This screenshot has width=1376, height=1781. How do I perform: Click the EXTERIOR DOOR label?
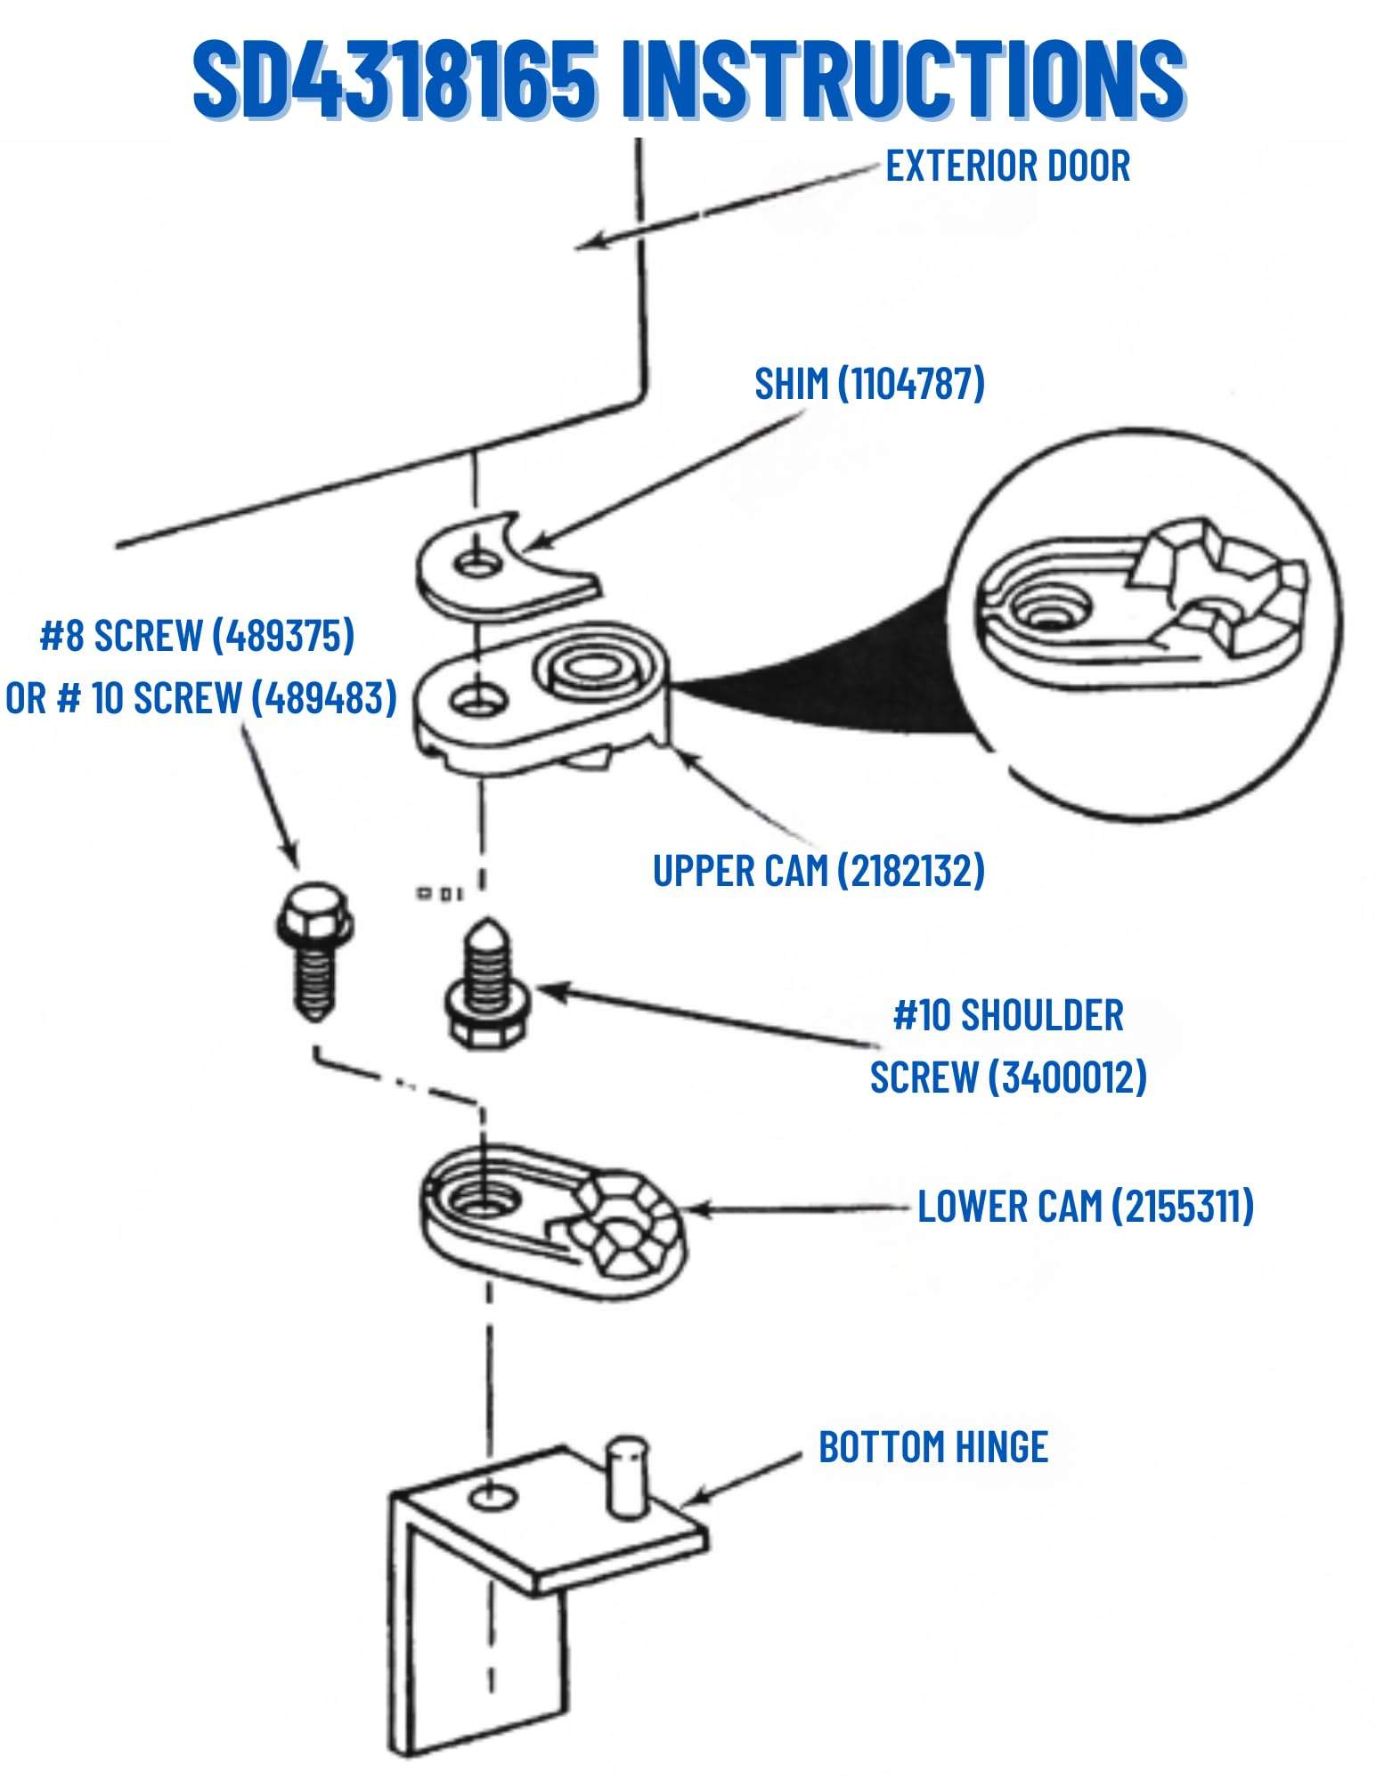click(x=1006, y=167)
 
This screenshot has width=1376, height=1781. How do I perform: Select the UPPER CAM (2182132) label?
click(x=818, y=870)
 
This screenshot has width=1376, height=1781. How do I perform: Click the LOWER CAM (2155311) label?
click(x=1085, y=1207)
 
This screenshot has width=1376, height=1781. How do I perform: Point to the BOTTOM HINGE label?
click(x=932, y=1447)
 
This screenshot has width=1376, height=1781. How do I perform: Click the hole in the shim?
click(x=478, y=563)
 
